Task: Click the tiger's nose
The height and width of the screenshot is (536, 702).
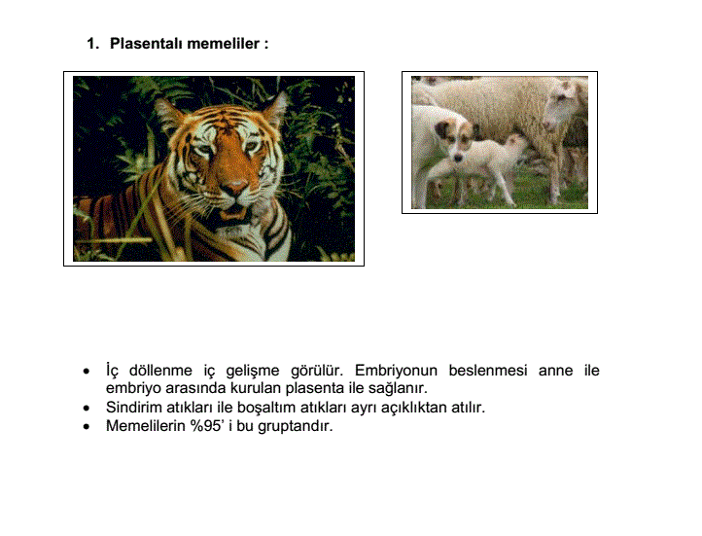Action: [x=233, y=187]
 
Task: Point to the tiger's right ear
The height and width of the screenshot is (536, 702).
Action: [x=276, y=111]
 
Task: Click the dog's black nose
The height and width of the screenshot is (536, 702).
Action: [x=458, y=158]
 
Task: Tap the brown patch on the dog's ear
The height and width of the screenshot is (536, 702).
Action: [x=443, y=129]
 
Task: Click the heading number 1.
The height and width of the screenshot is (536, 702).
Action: [x=91, y=44]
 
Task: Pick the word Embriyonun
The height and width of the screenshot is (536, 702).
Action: [x=396, y=371]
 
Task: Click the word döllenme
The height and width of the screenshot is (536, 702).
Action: [x=160, y=371]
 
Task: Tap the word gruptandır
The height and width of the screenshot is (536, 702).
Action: [x=295, y=426]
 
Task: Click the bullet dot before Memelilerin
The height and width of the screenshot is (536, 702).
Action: [x=87, y=426]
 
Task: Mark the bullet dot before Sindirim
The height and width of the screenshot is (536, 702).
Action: [x=87, y=408]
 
